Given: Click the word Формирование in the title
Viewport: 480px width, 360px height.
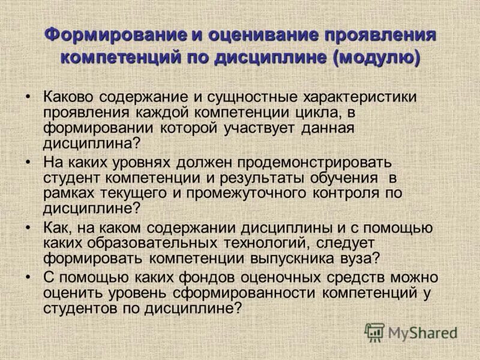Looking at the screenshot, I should click(x=115, y=34).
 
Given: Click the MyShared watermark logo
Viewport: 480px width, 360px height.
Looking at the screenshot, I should click(x=411, y=332).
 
